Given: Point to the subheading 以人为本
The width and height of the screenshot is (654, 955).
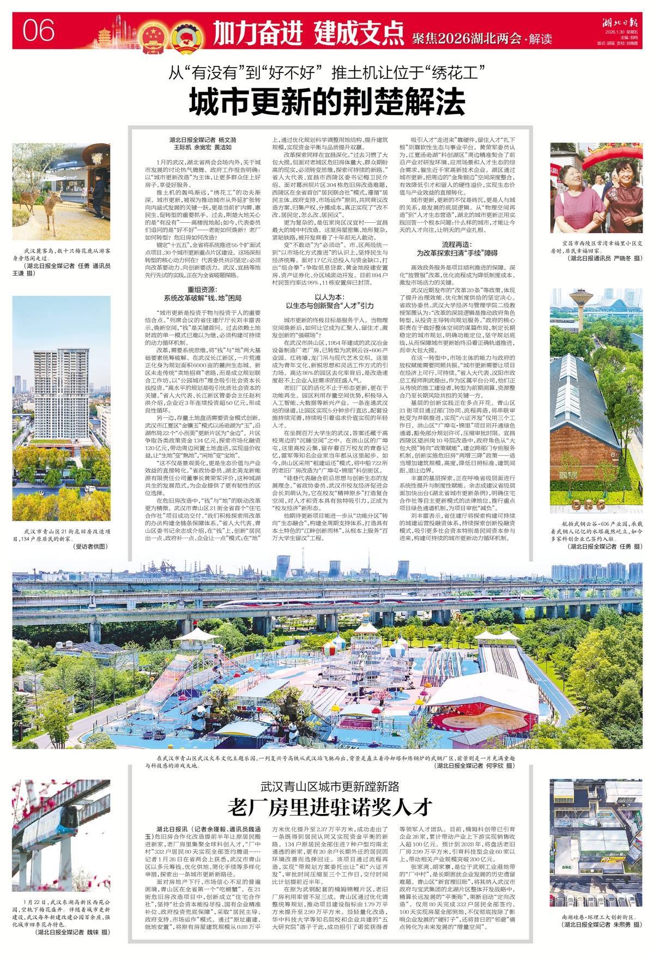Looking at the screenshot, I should pos(327,298).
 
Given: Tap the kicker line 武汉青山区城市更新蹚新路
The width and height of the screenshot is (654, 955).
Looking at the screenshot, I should pos(329,786).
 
